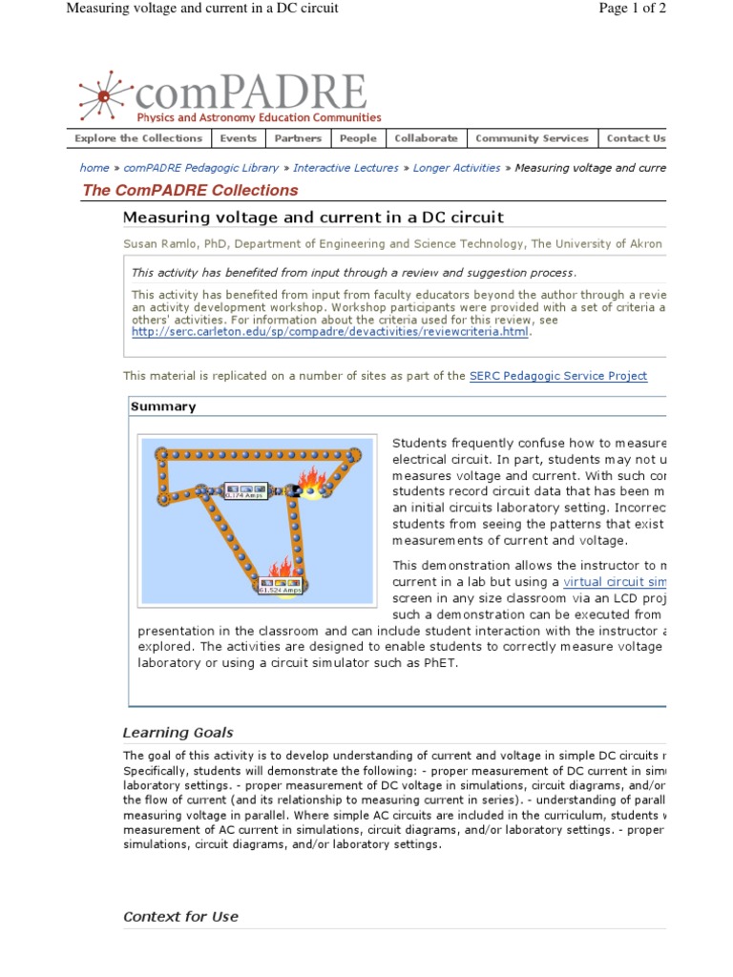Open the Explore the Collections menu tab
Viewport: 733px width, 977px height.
(138, 138)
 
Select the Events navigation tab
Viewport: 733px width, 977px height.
(238, 138)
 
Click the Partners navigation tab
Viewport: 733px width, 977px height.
(298, 138)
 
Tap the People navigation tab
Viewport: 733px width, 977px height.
(358, 138)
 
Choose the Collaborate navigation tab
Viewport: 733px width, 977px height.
(426, 138)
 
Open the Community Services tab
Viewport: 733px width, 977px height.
(532, 138)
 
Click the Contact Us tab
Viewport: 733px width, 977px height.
(635, 138)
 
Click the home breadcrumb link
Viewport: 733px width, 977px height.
(94, 168)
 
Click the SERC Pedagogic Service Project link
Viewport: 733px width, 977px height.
(558, 376)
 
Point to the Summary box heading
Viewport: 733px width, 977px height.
(163, 406)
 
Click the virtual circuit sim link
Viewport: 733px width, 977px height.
(615, 582)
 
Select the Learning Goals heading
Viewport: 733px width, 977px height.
(178, 733)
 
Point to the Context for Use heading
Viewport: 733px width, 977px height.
(180, 916)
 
